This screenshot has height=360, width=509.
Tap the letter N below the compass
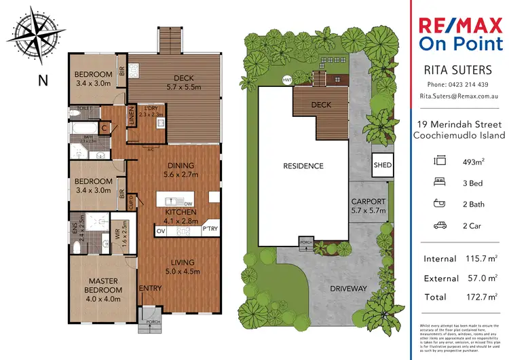43,80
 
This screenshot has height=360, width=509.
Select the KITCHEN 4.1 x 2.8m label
181,217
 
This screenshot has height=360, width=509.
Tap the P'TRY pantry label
210,231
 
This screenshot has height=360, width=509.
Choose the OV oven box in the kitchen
162,232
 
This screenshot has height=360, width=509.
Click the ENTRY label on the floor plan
150,289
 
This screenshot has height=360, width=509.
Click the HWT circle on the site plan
286,80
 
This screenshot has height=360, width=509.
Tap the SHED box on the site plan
382,165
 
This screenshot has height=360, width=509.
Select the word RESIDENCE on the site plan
303,166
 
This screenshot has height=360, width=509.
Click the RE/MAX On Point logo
459,35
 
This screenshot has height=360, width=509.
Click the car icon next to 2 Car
439,226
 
